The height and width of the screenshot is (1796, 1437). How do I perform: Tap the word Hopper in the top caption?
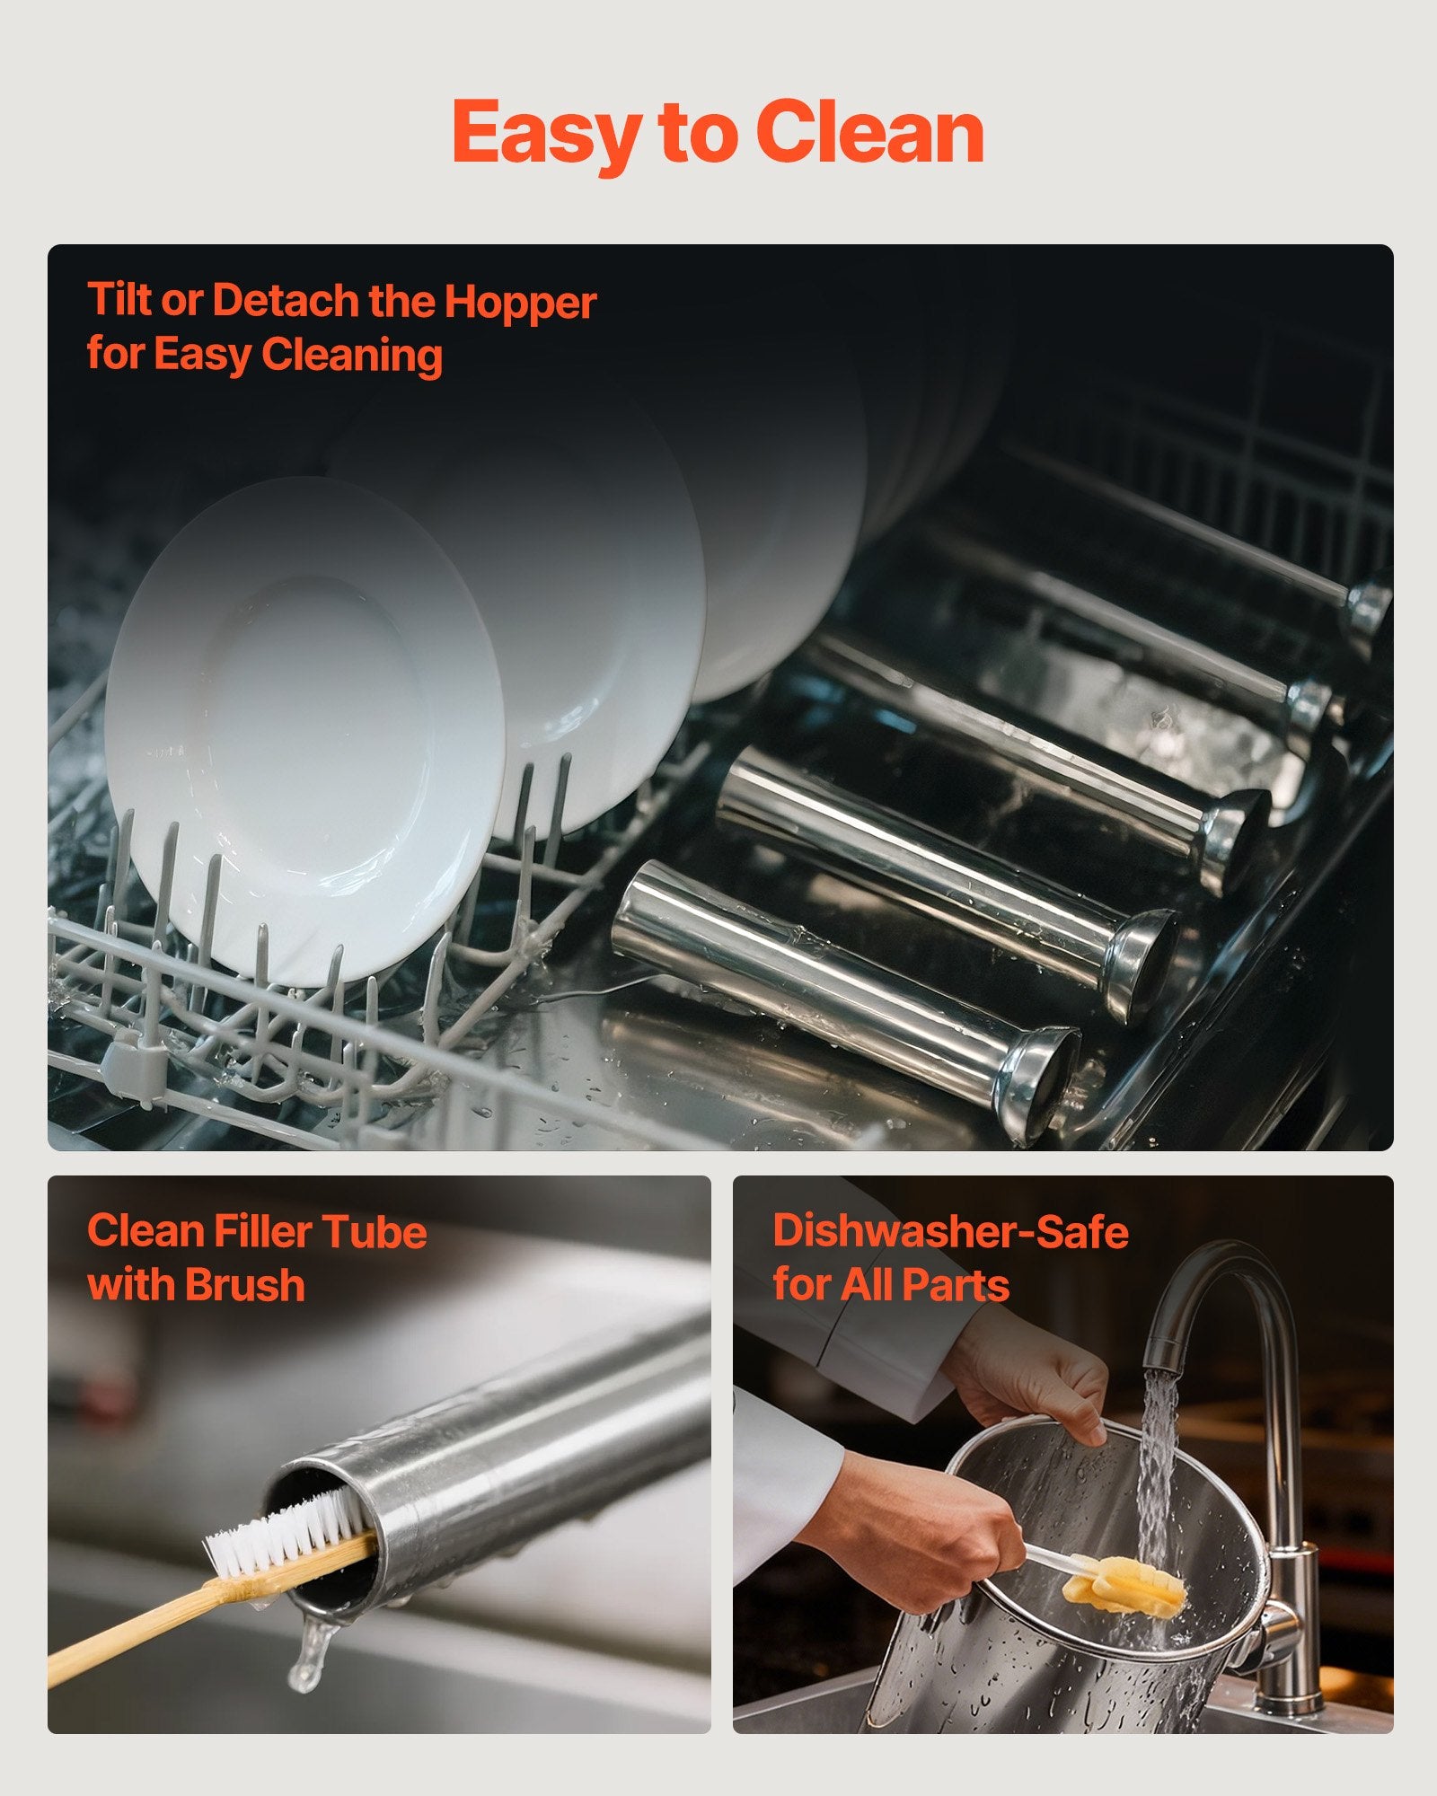[x=520, y=304]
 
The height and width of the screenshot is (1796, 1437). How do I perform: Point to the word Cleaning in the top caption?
[x=352, y=356]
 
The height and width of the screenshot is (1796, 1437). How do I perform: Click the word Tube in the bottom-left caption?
[x=374, y=1230]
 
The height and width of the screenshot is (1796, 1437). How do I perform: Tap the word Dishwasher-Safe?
[x=950, y=1230]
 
